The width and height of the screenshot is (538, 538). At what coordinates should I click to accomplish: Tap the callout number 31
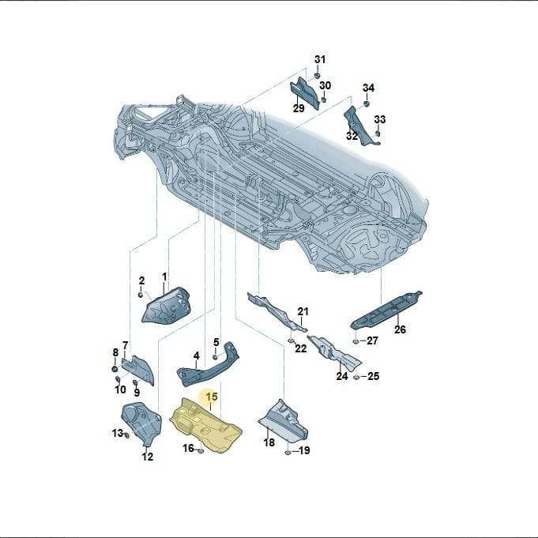[x=320, y=59]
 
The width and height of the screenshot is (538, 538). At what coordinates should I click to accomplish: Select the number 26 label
[x=400, y=329]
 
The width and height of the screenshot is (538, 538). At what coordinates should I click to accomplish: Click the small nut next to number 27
[x=356, y=341]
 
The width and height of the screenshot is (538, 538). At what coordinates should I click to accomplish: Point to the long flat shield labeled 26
[x=386, y=310]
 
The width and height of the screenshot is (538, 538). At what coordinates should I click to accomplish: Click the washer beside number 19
[x=288, y=453]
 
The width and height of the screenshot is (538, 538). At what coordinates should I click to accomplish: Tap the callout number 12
[x=148, y=457]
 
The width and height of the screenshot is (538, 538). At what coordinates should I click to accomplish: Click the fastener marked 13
[x=126, y=435]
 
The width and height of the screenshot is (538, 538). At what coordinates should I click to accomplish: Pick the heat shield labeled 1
[x=165, y=306]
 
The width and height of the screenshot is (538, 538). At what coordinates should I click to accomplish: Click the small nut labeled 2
[x=141, y=295]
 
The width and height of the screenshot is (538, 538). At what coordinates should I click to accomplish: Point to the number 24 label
[x=342, y=376]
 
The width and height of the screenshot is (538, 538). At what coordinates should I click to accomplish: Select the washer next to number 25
[x=356, y=377]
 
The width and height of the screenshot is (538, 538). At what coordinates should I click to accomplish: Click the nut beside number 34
[x=367, y=103]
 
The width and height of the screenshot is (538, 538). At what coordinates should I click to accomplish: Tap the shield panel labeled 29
[x=305, y=93]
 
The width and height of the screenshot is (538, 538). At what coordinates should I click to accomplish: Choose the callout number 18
[x=269, y=442]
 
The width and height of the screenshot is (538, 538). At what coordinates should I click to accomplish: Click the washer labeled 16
[x=201, y=450]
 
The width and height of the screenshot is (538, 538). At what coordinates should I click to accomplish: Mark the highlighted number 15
[x=212, y=397]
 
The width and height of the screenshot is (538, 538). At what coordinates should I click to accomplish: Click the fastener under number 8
[x=115, y=369]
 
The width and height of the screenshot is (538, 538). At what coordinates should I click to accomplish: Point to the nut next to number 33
[x=378, y=134]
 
